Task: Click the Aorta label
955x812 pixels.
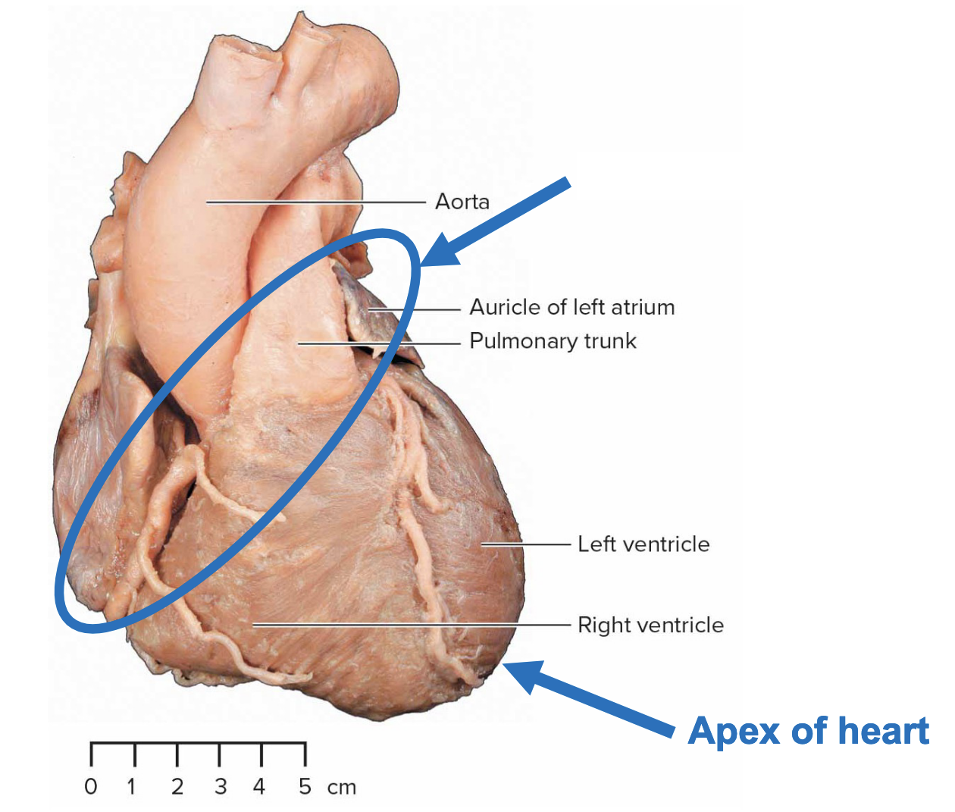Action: (462, 202)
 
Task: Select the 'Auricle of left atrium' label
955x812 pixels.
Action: (571, 307)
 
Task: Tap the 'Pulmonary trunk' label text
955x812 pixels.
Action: (553, 341)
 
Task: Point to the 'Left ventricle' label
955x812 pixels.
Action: (643, 544)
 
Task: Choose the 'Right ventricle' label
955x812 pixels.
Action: (650, 625)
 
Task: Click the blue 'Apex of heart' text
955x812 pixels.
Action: (808, 732)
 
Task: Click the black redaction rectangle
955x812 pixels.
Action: (699, 176)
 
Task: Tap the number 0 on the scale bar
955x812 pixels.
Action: (91, 787)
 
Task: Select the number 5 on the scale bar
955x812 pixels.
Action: (305, 787)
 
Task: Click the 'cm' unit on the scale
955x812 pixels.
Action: (342, 788)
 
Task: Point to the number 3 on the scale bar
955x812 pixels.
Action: (221, 787)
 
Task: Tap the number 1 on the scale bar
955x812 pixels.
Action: (132, 787)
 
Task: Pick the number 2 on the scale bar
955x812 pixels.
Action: (177, 787)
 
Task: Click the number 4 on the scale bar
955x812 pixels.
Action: (259, 787)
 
